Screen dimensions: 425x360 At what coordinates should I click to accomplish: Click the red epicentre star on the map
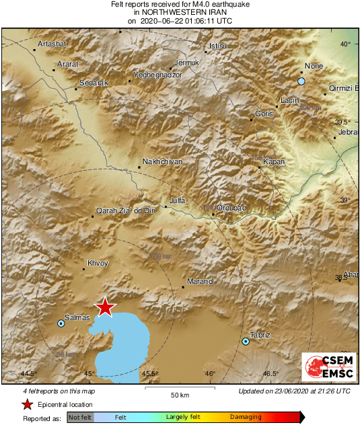click(x=105, y=307)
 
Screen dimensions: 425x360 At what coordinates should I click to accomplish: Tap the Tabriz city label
click(x=260, y=335)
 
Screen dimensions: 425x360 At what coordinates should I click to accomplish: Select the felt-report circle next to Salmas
click(x=61, y=323)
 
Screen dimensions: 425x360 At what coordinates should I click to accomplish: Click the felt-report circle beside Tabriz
click(x=246, y=342)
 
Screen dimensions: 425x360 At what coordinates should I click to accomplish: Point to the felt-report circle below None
click(x=301, y=81)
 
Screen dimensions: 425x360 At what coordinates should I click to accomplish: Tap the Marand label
click(x=199, y=281)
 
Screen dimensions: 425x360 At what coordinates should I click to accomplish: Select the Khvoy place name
click(x=98, y=263)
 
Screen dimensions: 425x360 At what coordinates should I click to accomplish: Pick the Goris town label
click(x=264, y=114)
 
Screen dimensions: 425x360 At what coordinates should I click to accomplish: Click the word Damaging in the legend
click(x=246, y=418)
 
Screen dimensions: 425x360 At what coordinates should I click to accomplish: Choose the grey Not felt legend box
click(x=79, y=418)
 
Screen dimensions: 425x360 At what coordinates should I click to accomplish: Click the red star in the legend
click(x=26, y=405)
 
